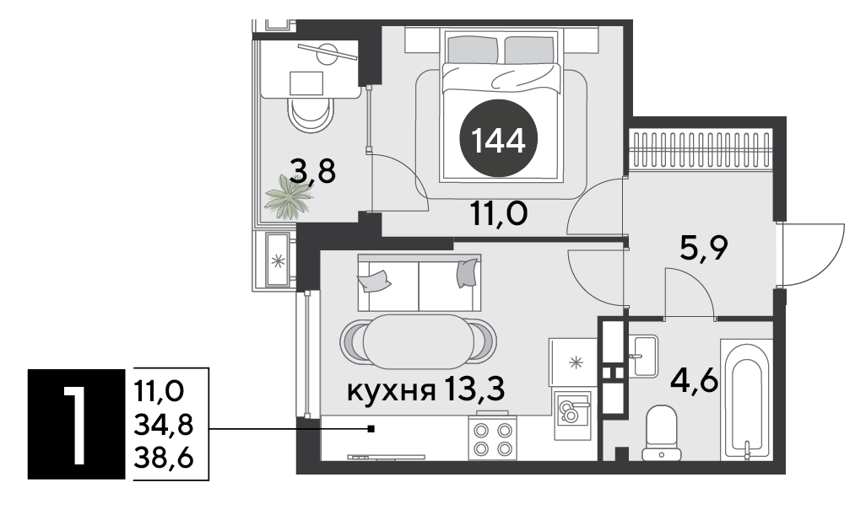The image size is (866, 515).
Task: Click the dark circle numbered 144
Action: (498, 138)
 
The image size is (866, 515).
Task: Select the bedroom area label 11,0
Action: (499, 214)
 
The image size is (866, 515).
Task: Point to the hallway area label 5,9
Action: (704, 249)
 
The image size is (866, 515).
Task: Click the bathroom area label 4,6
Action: (694, 380)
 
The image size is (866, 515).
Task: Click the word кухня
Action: (389, 391)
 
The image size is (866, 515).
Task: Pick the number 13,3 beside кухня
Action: (474, 390)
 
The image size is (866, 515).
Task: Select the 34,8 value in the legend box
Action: (163, 425)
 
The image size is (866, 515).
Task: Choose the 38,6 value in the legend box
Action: (164, 458)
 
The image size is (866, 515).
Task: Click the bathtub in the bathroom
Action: (746, 400)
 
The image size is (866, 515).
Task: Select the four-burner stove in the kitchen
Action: (493, 437)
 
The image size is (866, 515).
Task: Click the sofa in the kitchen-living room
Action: (419, 283)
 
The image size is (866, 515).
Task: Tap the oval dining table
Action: (418, 341)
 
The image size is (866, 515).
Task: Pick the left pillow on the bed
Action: (472, 49)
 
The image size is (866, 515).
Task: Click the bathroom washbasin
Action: (642, 356)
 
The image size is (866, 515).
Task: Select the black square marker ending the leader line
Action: (371, 428)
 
